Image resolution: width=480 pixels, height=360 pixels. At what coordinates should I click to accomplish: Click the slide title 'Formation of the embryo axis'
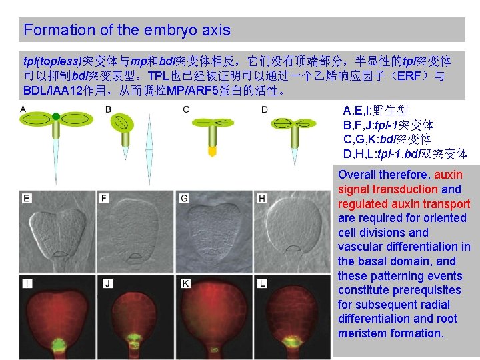127,30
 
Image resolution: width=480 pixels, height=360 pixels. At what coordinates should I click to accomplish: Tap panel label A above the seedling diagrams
23,109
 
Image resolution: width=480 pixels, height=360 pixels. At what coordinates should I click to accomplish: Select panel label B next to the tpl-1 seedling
108,109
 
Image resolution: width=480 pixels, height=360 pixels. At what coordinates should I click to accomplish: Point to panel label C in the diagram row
186,109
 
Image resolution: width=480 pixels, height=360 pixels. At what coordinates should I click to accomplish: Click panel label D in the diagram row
265,109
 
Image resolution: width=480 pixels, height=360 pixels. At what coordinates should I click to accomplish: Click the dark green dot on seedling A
56,117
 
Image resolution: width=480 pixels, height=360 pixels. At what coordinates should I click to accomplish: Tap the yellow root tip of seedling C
213,151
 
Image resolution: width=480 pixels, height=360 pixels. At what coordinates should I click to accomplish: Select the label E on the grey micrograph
26,198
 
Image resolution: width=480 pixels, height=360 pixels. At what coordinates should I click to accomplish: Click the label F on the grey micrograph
105,198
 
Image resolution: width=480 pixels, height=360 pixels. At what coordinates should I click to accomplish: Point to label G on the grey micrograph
184,198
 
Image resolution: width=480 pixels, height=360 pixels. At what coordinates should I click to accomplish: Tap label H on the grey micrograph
262,198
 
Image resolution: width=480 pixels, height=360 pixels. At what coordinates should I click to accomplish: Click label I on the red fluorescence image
25,283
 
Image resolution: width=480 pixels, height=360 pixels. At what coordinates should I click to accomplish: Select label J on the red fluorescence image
107,283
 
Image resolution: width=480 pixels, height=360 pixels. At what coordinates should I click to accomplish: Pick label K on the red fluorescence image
185,283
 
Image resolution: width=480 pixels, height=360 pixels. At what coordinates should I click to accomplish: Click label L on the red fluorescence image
262,283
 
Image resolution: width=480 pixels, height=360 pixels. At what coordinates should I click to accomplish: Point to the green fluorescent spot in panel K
214,349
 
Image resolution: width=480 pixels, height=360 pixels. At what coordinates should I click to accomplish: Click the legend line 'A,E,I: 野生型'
375,111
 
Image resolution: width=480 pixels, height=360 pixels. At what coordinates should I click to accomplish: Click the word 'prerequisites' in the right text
427,290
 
